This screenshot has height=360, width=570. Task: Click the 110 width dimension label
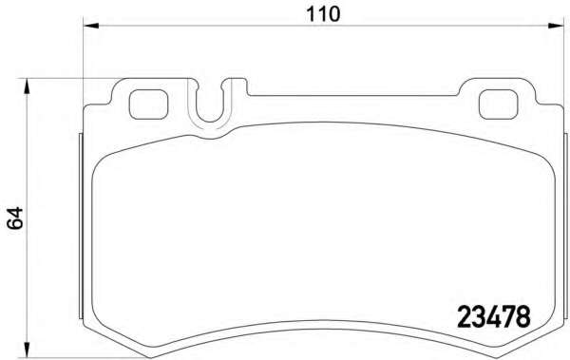(323, 14)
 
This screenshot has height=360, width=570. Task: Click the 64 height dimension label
(14, 218)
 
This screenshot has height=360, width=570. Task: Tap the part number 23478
(494, 316)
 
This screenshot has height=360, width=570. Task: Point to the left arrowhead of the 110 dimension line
(91, 26)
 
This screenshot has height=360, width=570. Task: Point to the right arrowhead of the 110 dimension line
(556, 26)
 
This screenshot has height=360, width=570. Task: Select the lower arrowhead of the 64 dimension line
(26, 350)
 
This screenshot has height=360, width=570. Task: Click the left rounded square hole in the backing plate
(149, 104)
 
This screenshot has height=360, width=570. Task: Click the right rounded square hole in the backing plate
(498, 104)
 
